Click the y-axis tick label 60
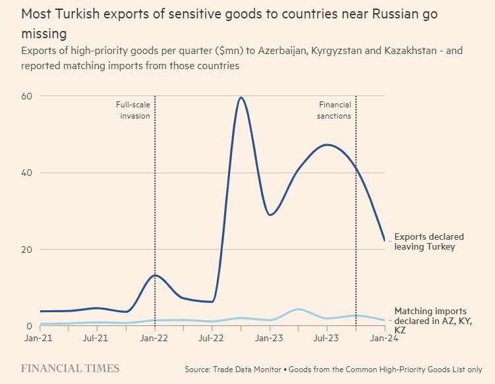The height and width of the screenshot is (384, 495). (x=26, y=96)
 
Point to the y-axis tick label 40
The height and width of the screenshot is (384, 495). (x=26, y=173)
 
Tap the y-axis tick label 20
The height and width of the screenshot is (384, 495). (x=26, y=250)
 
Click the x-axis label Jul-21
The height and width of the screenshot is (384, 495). (x=96, y=339)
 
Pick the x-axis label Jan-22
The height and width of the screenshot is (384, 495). (x=154, y=339)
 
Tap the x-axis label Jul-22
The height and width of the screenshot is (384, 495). (x=211, y=339)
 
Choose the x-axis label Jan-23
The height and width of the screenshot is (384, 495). (x=269, y=339)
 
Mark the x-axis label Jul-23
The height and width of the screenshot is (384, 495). (x=326, y=339)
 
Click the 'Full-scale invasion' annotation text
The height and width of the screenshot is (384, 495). (x=134, y=110)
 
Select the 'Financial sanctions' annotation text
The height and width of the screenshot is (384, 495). (x=335, y=110)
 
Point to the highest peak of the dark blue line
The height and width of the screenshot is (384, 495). (x=241, y=98)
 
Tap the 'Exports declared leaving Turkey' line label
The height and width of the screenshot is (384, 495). (x=428, y=242)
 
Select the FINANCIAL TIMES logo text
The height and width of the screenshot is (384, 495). (x=70, y=368)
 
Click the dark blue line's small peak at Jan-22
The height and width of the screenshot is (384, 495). (x=155, y=275)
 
